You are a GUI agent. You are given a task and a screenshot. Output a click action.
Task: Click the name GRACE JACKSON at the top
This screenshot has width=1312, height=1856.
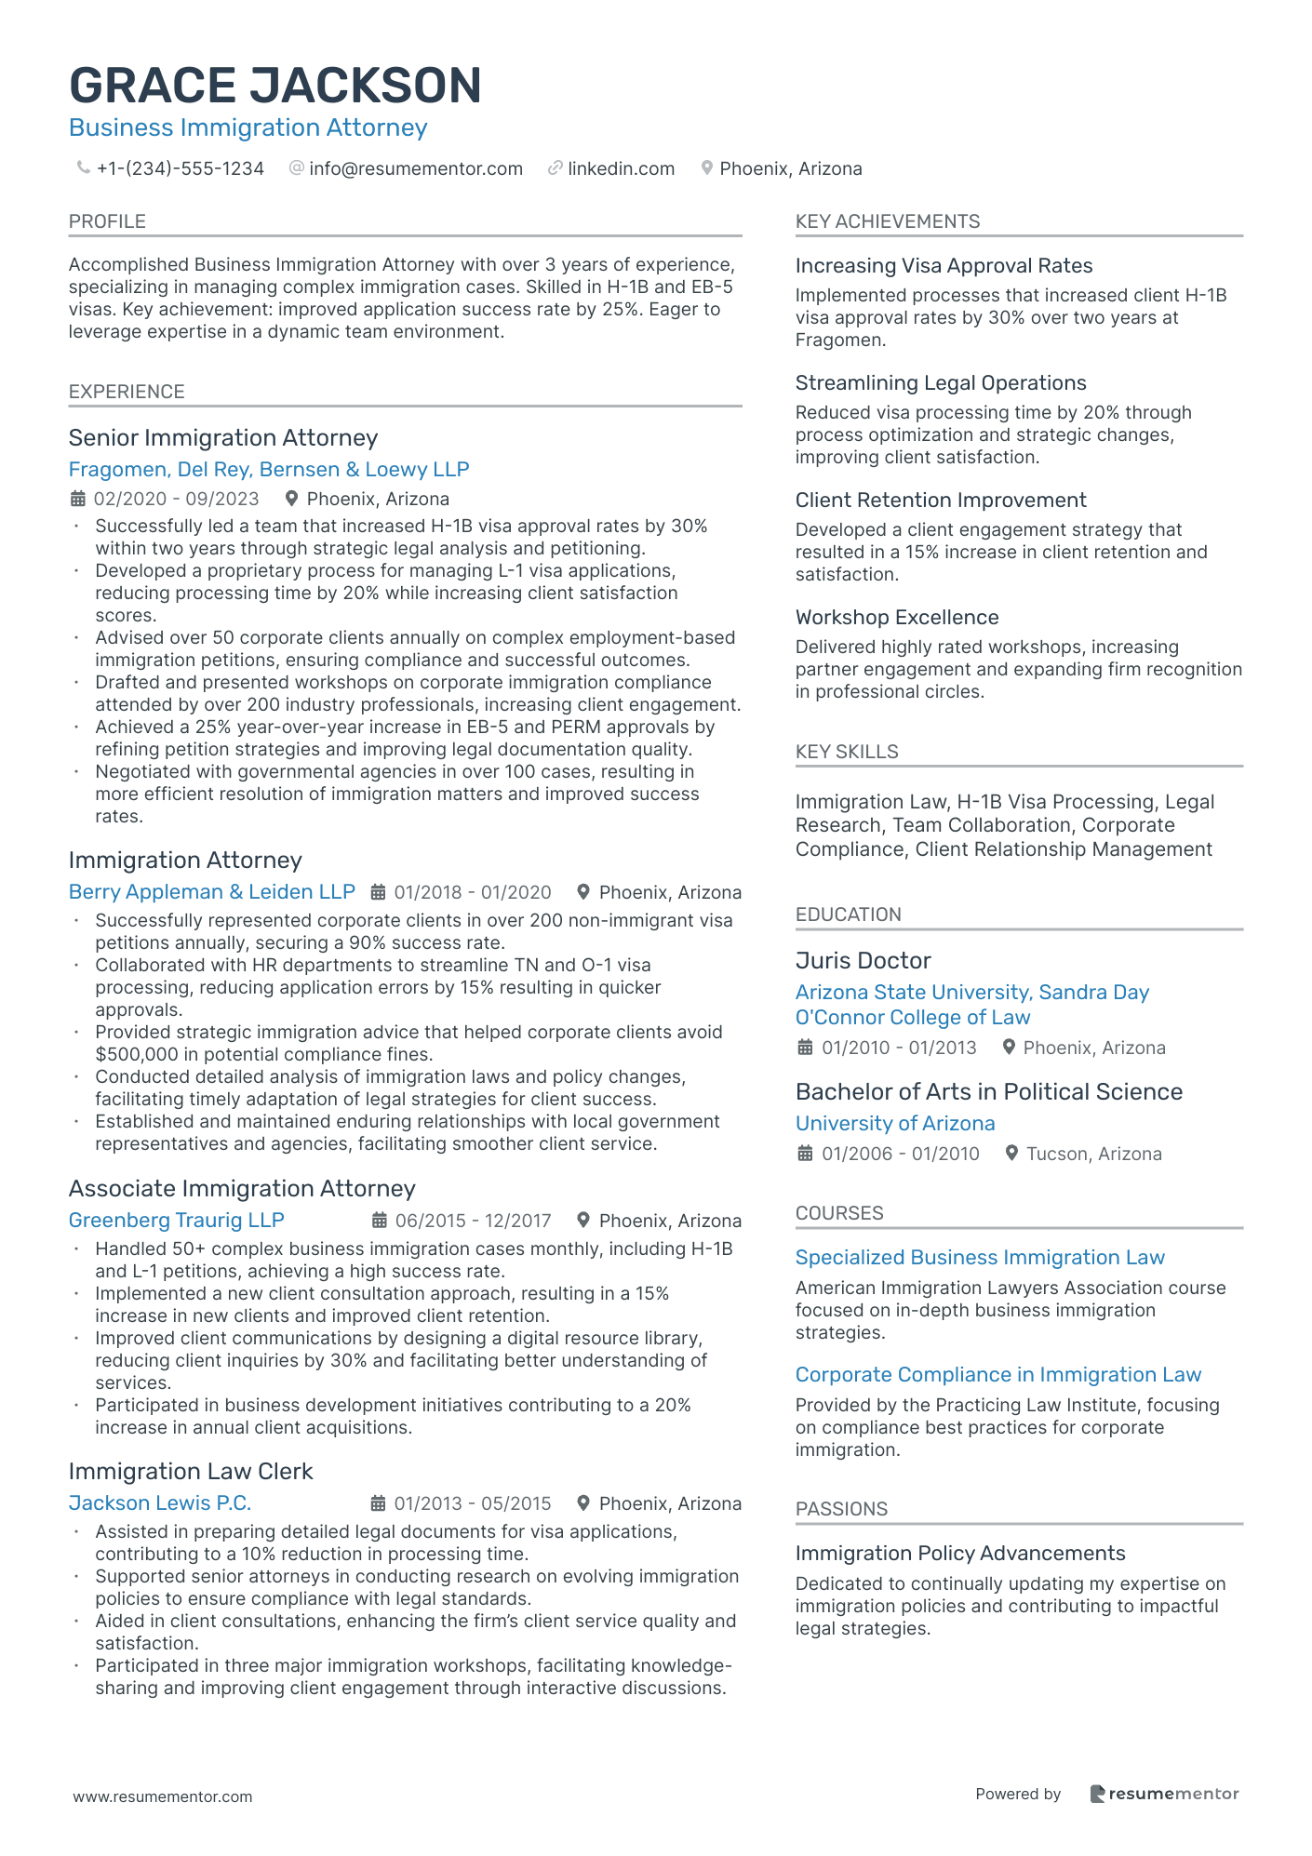pos(275,86)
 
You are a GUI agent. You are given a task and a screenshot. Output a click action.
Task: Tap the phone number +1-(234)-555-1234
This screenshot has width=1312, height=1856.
pos(180,168)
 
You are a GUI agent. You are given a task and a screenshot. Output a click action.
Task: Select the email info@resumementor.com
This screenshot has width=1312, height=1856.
pos(415,168)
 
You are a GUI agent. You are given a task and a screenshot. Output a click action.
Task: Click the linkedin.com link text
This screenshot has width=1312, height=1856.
pos(621,168)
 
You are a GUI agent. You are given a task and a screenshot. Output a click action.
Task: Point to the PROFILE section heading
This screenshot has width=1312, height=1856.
pos(107,221)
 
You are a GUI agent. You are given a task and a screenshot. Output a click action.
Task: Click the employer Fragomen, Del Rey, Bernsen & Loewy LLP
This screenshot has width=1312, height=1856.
pos(269,470)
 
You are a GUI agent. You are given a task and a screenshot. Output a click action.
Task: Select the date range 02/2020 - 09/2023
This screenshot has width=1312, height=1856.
pos(176,500)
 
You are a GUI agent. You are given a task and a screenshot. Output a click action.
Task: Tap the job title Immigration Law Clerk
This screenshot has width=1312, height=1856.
pos(191,1472)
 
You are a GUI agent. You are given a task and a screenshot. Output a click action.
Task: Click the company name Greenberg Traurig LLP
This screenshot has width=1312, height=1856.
pos(176,1221)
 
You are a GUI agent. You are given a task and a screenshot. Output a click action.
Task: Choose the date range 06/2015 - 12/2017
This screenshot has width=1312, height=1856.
pos(473,1221)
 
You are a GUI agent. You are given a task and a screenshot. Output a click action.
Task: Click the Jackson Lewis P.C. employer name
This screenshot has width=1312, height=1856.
pos(160,1503)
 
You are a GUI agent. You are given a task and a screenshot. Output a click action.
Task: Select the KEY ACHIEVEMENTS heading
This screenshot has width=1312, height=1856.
pos(888,221)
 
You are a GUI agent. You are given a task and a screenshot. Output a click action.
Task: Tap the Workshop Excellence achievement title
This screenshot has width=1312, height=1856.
pos(897,618)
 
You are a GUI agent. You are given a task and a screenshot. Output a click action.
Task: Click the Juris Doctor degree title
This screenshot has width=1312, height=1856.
pos(863,961)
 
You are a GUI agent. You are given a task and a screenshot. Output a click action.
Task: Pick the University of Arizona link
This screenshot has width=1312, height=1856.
pos(895,1124)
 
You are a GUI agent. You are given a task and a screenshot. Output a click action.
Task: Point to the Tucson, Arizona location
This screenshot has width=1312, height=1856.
pos(1093,1155)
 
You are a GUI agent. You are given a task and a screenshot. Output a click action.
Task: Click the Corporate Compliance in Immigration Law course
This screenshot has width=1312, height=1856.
pos(998,1375)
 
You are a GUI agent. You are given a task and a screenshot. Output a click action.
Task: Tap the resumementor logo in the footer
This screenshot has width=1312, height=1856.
pos(1164,1795)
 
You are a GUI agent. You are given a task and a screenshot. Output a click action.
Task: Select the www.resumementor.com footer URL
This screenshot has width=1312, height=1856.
pos(163,1797)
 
